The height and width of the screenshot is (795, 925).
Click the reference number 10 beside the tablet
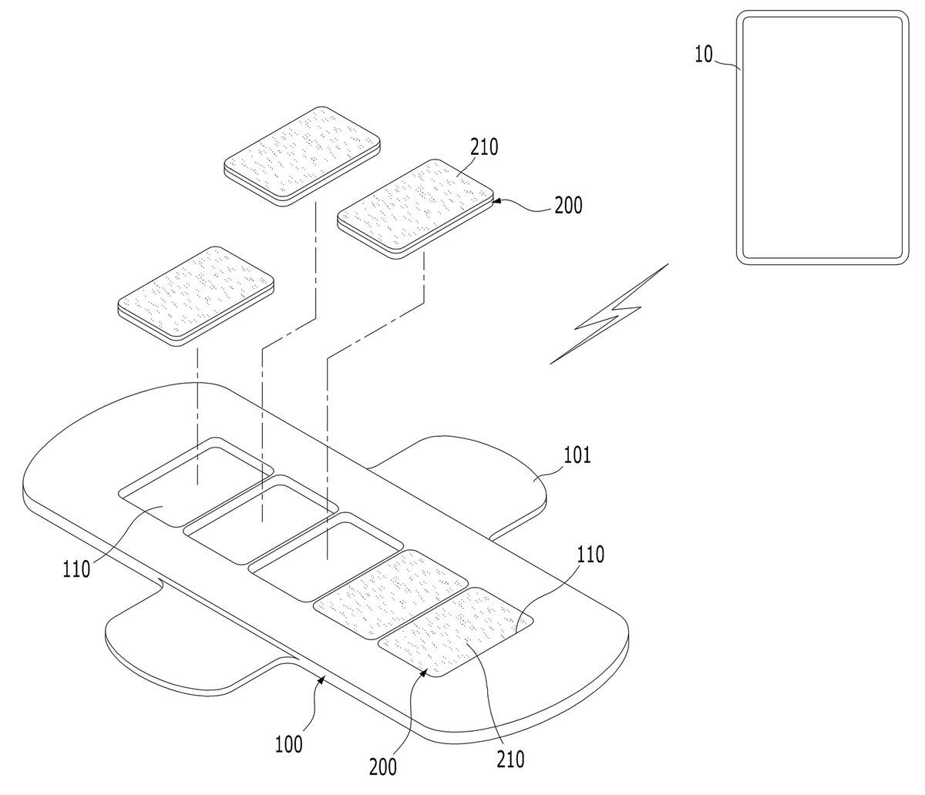pos(704,55)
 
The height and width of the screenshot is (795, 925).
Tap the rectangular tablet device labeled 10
pos(822,138)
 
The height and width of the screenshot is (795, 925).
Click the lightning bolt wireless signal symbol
pos(609,314)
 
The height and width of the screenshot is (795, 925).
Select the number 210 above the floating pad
pos(484,147)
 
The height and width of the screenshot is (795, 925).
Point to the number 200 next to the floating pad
pos(568,206)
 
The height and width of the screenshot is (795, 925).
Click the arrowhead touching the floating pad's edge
pos(496,203)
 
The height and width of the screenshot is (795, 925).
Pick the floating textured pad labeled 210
pos(415,209)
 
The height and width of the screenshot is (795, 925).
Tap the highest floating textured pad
pos(301,156)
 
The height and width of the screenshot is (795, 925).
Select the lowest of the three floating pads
pos(196,296)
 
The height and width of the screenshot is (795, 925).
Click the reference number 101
pos(577,455)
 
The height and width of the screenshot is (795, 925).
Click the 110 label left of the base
pos(76,569)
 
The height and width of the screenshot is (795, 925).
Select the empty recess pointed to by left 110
pos(196,482)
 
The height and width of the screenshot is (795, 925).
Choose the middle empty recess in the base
pos(261,520)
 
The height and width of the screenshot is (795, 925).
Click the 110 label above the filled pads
pos(590,554)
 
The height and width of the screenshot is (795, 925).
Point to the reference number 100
pos(288,744)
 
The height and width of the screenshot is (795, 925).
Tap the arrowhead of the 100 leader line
pos(321,680)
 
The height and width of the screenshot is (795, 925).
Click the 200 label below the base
pos(383,767)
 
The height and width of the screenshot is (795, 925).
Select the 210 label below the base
pos(510,759)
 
